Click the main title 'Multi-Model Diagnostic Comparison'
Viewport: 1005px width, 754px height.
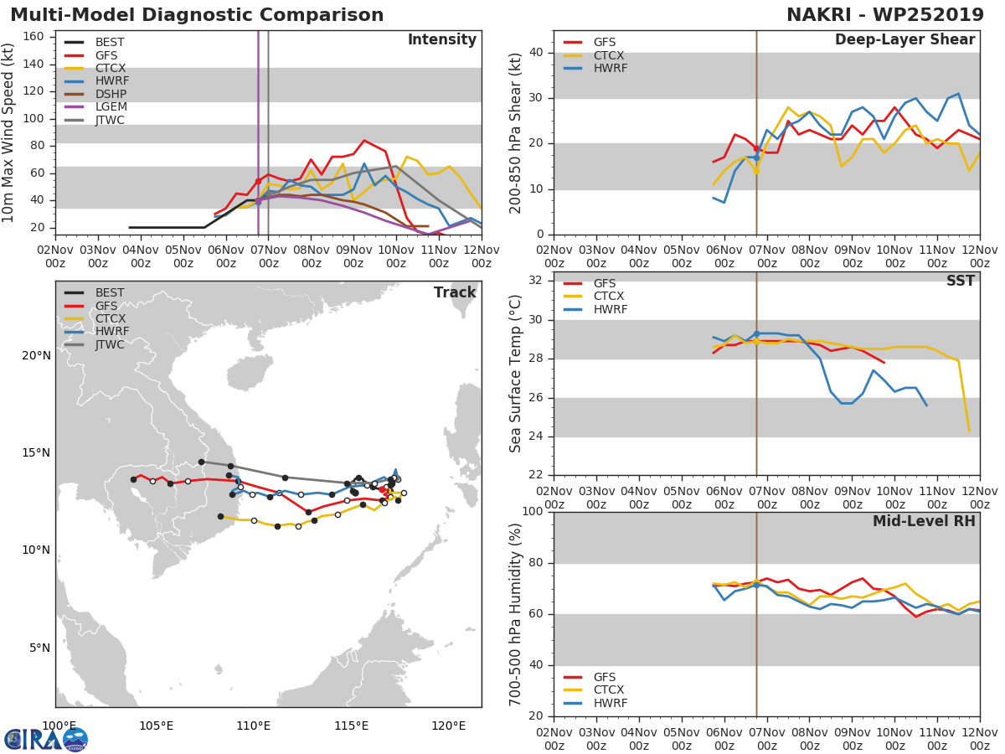coord(197,15)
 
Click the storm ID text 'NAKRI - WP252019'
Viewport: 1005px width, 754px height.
coord(885,15)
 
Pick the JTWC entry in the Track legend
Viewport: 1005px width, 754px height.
coord(110,344)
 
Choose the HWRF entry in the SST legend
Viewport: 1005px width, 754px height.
coord(610,310)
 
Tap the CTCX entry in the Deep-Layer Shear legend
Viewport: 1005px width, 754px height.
coord(610,55)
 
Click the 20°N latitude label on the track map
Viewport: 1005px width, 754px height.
coord(35,355)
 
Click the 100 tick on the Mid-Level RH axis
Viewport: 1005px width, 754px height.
coord(531,512)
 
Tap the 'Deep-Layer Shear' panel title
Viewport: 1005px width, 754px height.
coord(904,40)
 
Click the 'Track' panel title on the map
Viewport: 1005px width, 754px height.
coord(455,292)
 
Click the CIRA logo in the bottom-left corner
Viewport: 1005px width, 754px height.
coord(46,739)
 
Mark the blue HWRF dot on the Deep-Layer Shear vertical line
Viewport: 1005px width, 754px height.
coord(756,157)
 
